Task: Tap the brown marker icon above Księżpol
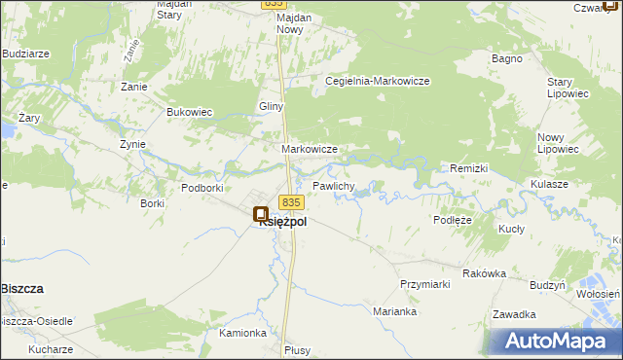[x=260, y=213]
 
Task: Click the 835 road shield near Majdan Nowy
[x=274, y=5]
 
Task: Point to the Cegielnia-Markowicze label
[x=378, y=81]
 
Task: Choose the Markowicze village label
[x=309, y=149]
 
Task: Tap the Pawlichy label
[x=333, y=185]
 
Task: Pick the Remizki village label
[x=468, y=168]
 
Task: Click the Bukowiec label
[x=190, y=112]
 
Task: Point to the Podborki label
[x=203, y=187]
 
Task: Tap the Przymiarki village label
[x=424, y=284]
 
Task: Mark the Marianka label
[x=395, y=312]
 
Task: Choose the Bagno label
[x=507, y=59]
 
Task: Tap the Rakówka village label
[x=484, y=273]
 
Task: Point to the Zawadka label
[x=514, y=314]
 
